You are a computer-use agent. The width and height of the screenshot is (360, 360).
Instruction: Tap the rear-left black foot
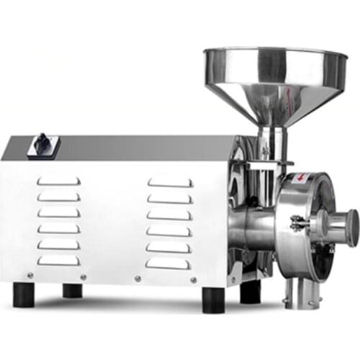pyautogui.click(x=72, y=290)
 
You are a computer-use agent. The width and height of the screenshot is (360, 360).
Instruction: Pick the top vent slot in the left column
pyautogui.click(x=59, y=181)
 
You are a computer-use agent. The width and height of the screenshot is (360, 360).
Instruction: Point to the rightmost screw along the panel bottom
pyautogui.click(x=194, y=279)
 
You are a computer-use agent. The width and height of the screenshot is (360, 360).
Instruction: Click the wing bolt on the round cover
pyautogui.click(x=297, y=225)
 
